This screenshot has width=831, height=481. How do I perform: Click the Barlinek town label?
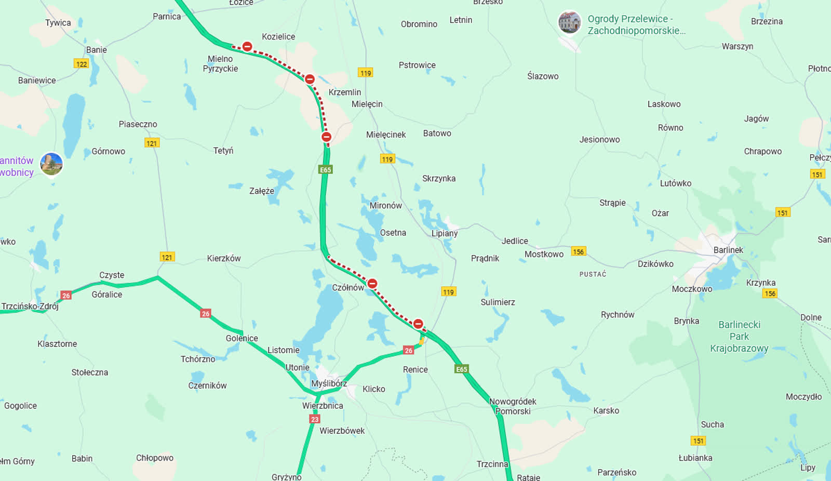[x=728, y=250]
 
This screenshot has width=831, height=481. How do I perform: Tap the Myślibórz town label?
[x=329, y=383]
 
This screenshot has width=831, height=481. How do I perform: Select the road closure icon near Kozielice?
[x=248, y=47]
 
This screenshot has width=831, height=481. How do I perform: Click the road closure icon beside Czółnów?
[x=372, y=284]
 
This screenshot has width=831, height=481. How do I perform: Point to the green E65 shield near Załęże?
[x=325, y=170]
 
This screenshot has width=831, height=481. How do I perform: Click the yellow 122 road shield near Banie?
[x=81, y=64]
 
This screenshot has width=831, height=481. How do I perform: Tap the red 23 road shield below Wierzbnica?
[x=315, y=419]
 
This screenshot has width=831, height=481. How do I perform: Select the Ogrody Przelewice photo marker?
[x=569, y=22]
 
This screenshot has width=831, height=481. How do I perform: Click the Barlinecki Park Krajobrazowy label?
[x=739, y=336]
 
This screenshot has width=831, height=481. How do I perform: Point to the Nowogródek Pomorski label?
[x=513, y=406]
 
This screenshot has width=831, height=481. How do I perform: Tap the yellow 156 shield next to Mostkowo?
[x=578, y=251]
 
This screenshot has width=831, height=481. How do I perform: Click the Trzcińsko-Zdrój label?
[x=30, y=306]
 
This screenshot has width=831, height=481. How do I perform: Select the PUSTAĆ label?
[x=593, y=274]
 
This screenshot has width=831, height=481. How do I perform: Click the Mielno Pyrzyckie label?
[x=220, y=64]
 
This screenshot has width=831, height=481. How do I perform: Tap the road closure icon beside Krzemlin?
[x=310, y=79]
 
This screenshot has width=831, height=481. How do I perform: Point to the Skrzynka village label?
[x=439, y=178]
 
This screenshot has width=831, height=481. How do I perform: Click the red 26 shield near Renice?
[x=409, y=351]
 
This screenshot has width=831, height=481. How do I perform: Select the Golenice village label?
[x=242, y=338]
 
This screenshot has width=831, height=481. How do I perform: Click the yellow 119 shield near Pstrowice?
[x=366, y=73]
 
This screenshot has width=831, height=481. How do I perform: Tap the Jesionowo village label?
[x=599, y=139]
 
